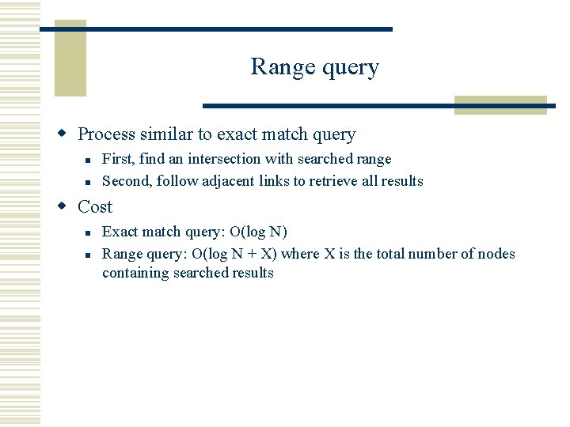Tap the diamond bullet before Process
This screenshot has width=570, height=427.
tap(67, 135)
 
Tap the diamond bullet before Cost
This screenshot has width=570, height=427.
tap(67, 207)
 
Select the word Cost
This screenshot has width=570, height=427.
tap(95, 207)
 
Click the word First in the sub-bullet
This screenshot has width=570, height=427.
tap(116, 159)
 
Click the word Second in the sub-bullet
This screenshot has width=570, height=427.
tap(127, 181)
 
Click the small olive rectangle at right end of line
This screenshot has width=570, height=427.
tap(500, 105)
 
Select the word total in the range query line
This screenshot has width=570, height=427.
tap(402, 254)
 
